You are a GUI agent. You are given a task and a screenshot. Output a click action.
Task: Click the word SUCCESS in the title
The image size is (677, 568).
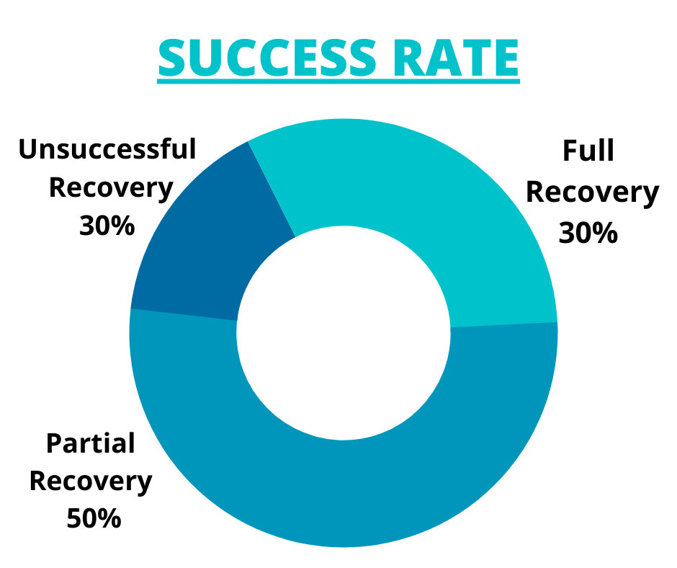point(266,58)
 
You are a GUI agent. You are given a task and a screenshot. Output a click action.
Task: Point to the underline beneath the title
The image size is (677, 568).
point(338,81)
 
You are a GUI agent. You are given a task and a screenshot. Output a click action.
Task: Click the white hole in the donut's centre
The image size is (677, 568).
point(344,333)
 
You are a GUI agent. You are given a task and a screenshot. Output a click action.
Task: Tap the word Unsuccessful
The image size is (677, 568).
point(107,149)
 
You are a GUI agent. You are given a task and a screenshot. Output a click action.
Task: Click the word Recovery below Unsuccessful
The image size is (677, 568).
point(111,188)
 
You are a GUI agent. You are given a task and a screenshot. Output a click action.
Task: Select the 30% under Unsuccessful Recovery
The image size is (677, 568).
point(107,226)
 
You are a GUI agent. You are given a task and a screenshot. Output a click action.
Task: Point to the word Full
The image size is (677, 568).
point(588,151)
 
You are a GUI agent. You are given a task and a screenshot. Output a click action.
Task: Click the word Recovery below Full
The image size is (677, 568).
point(592,192)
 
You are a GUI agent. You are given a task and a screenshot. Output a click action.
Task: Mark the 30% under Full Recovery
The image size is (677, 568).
point(588,233)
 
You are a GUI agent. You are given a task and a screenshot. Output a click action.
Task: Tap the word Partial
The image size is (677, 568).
point(91,444)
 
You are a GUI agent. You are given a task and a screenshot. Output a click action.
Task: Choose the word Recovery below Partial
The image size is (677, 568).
point(91,482)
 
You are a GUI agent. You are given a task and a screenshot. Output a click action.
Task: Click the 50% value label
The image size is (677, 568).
point(94,518)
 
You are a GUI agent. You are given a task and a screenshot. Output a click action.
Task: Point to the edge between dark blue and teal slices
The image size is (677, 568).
point(272,189)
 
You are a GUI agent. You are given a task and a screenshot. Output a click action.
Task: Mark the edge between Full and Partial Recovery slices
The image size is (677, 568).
point(504,325)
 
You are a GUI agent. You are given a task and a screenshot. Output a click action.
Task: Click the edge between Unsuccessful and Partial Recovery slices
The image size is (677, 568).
point(184,315)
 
